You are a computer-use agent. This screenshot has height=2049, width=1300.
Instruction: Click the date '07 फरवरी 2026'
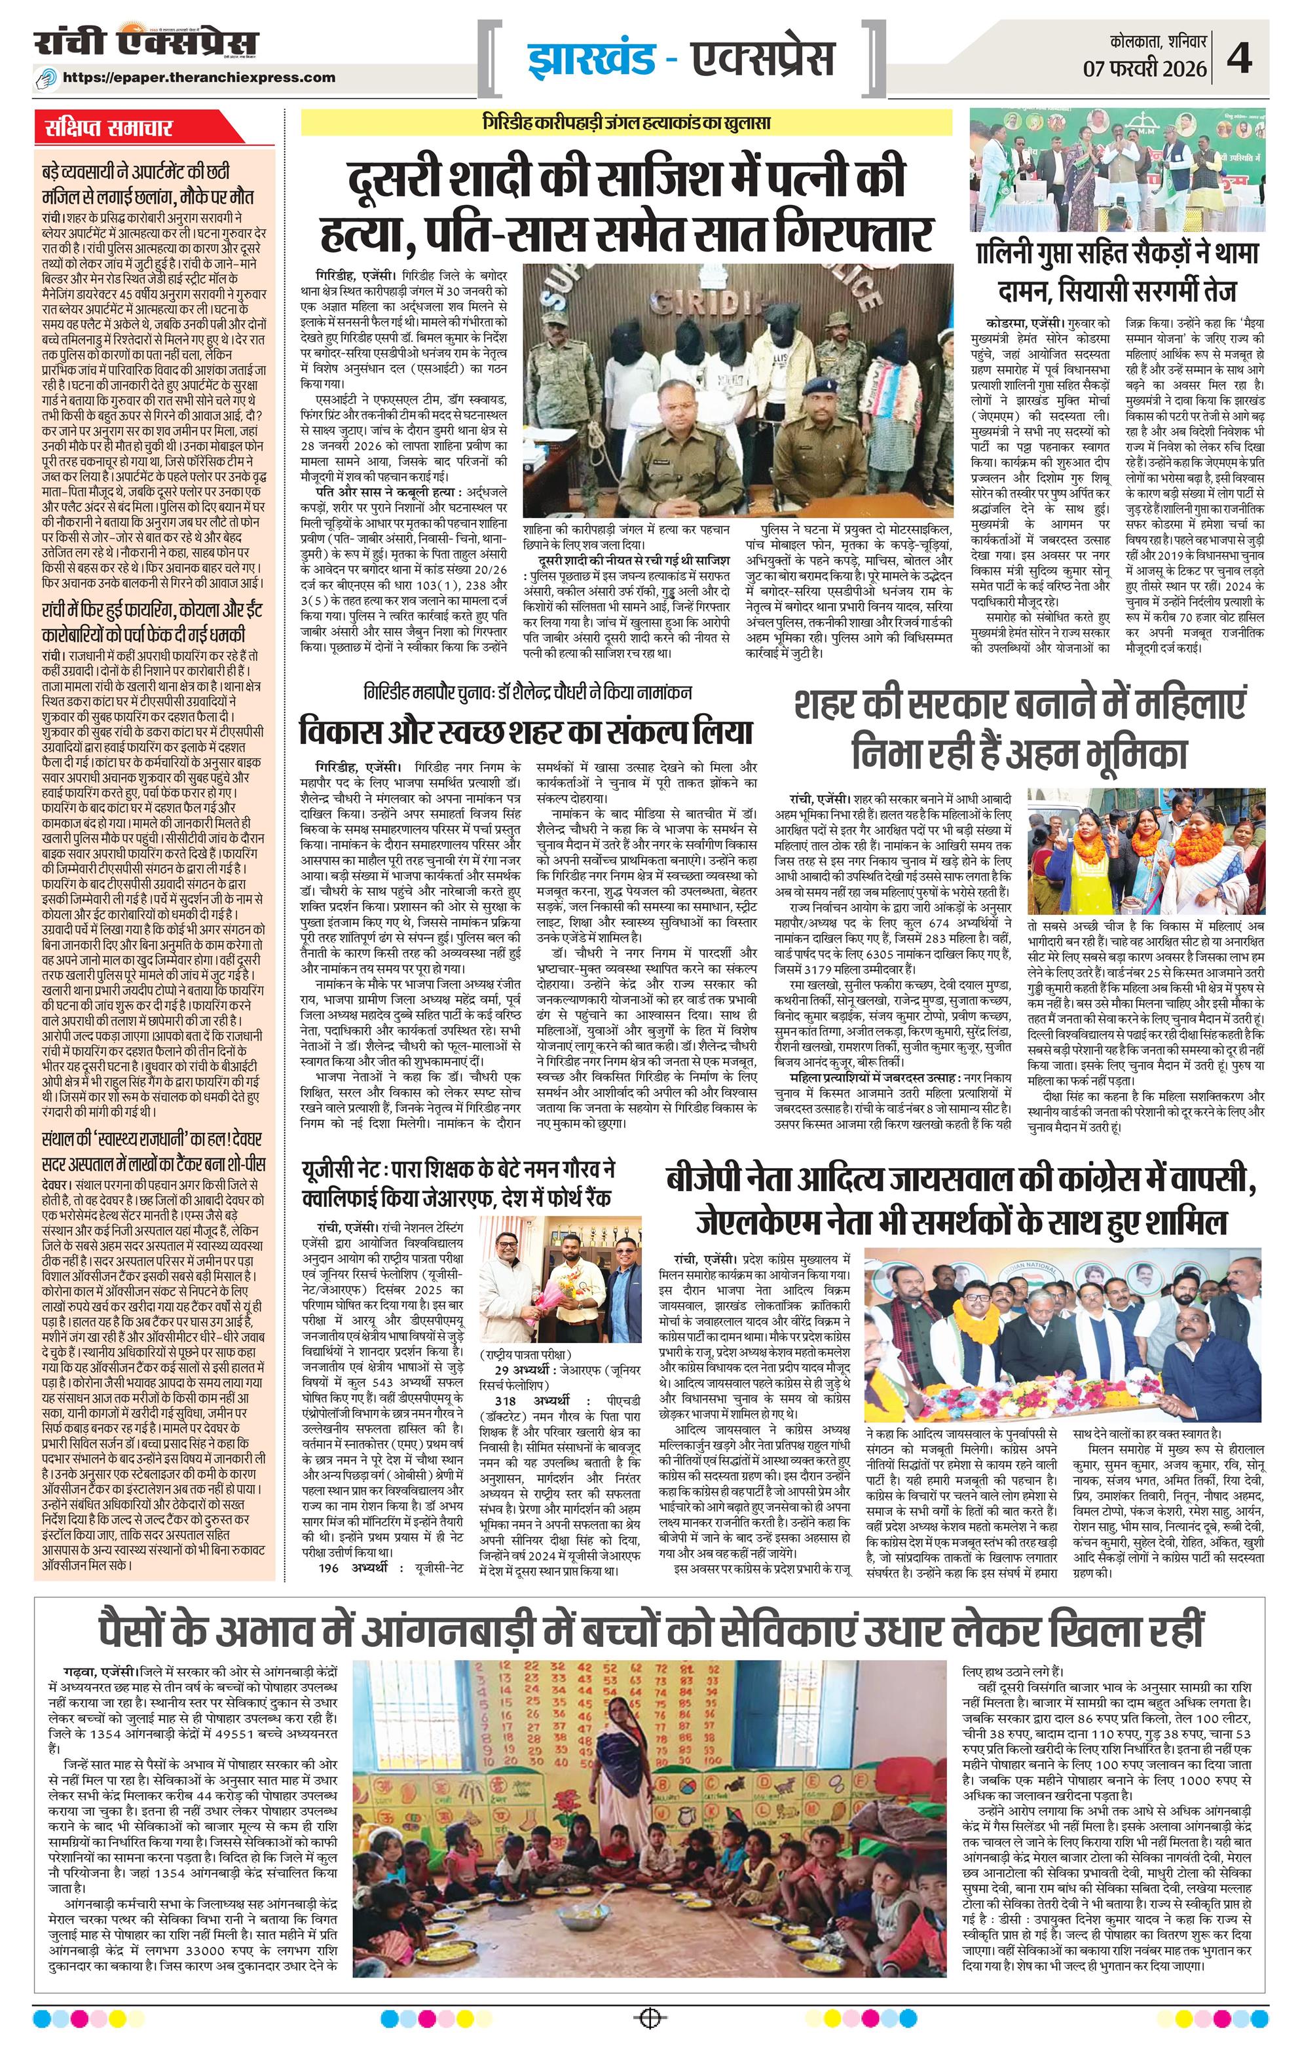coord(1151,67)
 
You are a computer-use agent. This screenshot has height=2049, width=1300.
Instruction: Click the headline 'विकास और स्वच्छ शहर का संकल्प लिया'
coord(526,731)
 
